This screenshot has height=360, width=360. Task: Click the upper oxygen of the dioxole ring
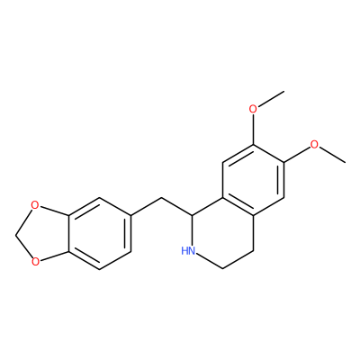point(35,205)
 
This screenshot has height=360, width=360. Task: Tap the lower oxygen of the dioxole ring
point(35,262)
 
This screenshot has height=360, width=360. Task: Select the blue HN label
point(188,250)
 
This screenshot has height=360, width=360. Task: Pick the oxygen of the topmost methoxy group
point(253,109)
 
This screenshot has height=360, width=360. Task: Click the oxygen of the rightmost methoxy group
point(314,145)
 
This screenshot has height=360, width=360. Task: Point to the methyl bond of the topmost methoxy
point(271,98)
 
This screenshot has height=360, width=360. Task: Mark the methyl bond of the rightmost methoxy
point(332,155)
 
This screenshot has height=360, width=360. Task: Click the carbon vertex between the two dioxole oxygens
point(15,234)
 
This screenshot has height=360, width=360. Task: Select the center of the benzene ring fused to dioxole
point(100,233)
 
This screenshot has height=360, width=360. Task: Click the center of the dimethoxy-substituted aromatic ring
point(254,180)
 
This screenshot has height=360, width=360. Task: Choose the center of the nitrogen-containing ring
point(223,233)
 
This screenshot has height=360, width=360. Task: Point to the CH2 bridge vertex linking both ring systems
point(161,198)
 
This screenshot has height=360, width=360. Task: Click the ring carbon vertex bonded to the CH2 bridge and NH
point(192,215)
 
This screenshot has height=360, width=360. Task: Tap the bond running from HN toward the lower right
point(210,261)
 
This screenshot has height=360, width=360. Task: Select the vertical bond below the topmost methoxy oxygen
point(253,129)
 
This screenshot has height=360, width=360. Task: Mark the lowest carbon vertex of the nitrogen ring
point(223,268)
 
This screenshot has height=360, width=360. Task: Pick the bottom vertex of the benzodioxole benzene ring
point(100,269)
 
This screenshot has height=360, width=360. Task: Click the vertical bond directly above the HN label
point(192,230)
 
